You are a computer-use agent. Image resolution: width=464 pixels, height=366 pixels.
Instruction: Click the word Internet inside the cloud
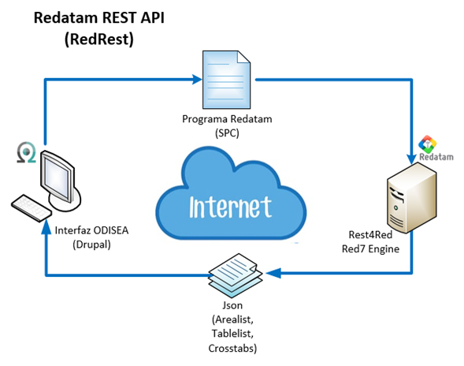point(230,207)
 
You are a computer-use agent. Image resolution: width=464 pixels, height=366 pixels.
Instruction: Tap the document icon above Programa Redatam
point(226,80)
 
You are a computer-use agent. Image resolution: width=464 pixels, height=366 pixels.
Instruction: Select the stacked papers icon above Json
point(236,275)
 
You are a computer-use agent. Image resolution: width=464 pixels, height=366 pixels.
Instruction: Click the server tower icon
point(412,198)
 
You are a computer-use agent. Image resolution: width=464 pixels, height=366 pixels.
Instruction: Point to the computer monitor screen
point(57,177)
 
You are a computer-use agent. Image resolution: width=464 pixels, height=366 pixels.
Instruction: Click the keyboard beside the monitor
point(32,207)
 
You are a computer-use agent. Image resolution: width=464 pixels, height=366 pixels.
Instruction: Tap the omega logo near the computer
point(26,152)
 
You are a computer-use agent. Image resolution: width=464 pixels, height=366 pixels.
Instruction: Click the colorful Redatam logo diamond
point(427,144)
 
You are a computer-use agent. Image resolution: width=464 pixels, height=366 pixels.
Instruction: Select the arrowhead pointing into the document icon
point(197,79)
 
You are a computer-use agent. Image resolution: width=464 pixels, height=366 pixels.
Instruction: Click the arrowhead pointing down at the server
point(411,159)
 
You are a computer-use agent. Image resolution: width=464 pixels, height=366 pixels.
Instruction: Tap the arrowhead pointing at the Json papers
point(273,273)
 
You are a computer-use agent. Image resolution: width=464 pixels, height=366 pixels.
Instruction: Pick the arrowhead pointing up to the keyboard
point(46,228)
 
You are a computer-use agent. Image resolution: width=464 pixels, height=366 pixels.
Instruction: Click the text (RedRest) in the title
point(99,39)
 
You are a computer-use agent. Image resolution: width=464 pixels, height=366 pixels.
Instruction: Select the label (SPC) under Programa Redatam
point(227,133)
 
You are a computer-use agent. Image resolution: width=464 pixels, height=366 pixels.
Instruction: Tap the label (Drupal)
point(91,245)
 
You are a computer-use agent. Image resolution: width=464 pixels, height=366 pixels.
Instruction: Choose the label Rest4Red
point(370,235)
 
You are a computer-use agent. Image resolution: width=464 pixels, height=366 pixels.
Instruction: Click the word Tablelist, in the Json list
point(232,334)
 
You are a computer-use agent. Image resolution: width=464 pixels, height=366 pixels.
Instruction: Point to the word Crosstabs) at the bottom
point(232,348)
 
